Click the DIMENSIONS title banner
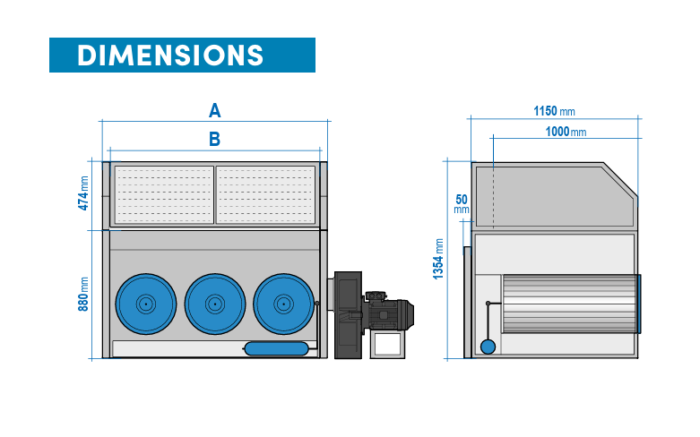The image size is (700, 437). (182, 56)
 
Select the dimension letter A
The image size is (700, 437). (214, 111)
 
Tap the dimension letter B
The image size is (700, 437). (214, 139)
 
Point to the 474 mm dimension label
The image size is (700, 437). (84, 193)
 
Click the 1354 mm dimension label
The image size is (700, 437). (438, 260)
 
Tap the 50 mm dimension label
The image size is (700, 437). (462, 203)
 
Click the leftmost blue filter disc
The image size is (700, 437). (145, 304)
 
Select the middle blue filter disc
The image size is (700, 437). (214, 304)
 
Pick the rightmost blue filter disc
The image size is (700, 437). (283, 304)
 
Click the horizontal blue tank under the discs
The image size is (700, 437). (276, 347)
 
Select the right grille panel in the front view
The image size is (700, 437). (266, 194)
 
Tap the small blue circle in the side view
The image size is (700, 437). (487, 347)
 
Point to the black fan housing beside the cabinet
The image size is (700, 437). (346, 313)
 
